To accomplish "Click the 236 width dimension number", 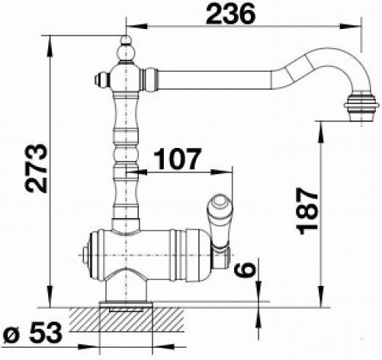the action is click(x=230, y=14).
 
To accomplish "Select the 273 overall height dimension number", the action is click(x=36, y=169).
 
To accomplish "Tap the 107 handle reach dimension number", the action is click(x=178, y=159).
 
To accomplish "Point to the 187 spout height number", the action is click(x=308, y=211).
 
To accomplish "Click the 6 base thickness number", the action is click(x=244, y=269).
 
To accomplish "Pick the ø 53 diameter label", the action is click(x=33, y=332).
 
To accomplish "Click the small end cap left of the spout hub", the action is click(x=101, y=79).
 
